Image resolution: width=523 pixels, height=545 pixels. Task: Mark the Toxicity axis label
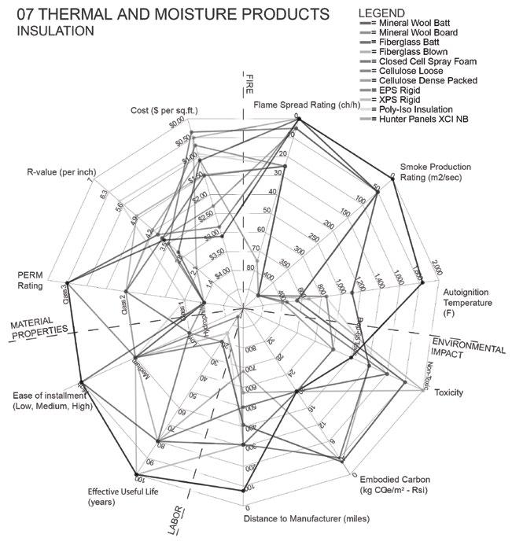click(x=448, y=392)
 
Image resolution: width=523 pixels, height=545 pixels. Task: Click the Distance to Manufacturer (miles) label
click(x=308, y=519)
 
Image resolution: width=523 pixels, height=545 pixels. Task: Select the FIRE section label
click(x=249, y=82)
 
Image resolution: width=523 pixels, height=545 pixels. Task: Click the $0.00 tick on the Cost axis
click(x=176, y=122)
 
